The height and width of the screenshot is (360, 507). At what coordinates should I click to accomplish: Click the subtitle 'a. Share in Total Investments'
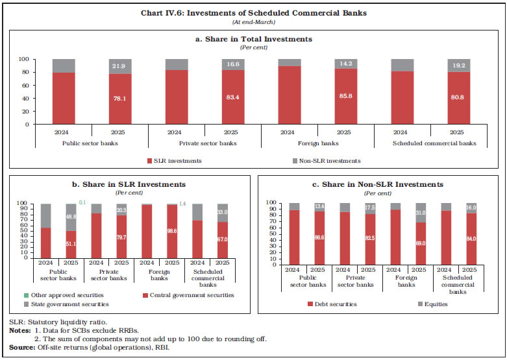(x=253, y=39)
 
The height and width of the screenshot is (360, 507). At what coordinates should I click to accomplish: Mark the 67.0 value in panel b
(x=221, y=239)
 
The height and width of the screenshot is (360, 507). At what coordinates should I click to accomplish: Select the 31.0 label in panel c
(x=421, y=212)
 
